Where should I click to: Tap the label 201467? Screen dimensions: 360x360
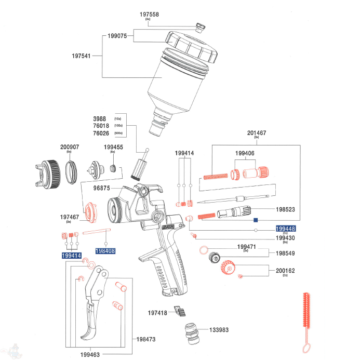[x=257, y=134]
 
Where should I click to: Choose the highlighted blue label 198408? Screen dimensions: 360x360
[x=105, y=250]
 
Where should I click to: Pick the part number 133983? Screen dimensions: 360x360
[x=219, y=330]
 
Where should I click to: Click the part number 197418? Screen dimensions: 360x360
[x=157, y=313]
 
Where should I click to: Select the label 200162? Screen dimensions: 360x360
[x=285, y=271]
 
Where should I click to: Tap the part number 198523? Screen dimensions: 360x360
[x=286, y=210]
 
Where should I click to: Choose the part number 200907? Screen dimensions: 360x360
[x=70, y=147]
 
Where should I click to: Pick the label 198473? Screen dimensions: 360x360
[x=146, y=339]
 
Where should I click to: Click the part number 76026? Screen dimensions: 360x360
[x=101, y=133]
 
